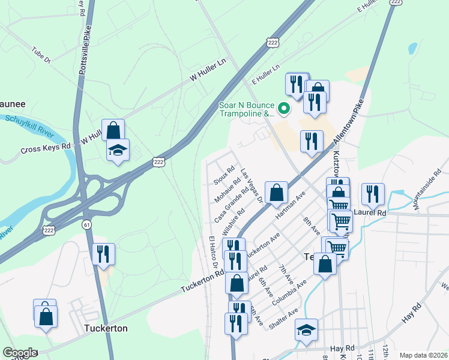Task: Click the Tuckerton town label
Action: click(x=106, y=329)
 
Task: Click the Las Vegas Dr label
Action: click(x=252, y=186)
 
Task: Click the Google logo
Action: click(x=19, y=353)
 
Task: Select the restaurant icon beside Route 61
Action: click(x=103, y=254)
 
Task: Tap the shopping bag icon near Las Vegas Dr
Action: click(x=276, y=193)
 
